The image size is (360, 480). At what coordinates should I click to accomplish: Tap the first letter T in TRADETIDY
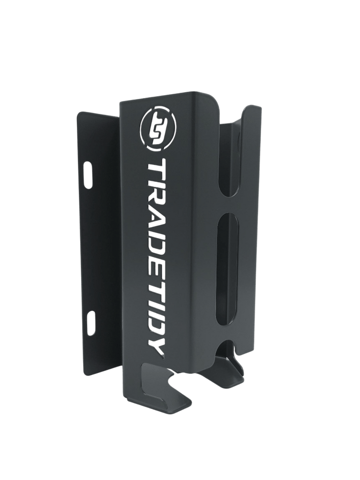point(157,169)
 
